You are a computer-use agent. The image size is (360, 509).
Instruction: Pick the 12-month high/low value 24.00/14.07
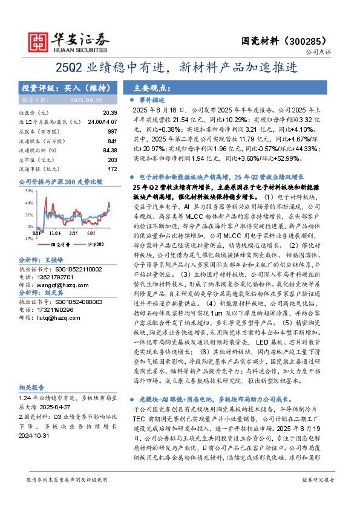(102, 122)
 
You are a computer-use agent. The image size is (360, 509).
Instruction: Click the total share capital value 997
(112, 131)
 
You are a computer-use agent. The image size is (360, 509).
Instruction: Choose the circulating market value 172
(112, 169)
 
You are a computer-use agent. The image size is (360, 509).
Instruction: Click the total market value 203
(112, 160)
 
